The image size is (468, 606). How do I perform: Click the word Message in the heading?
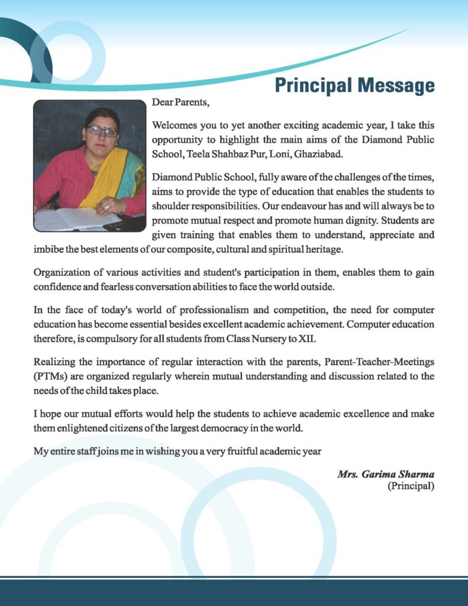pyautogui.click(x=395, y=85)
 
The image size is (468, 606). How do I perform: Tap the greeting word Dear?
pyautogui.click(x=162, y=102)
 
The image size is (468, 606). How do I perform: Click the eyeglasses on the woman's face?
pyautogui.click(x=102, y=131)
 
